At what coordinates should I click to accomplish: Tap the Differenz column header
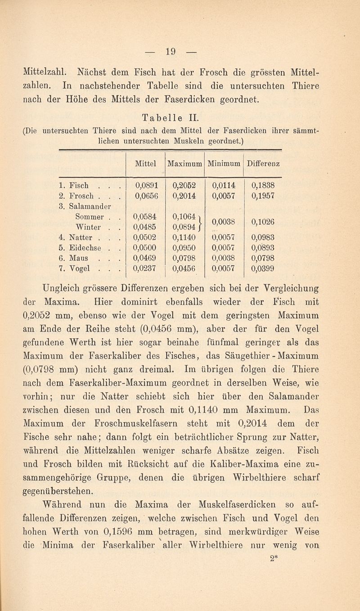pos(263,163)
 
